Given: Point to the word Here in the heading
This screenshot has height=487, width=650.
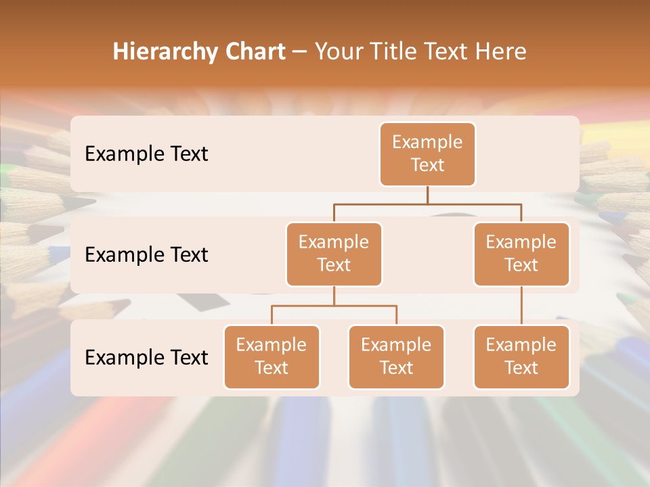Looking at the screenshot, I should [x=500, y=51].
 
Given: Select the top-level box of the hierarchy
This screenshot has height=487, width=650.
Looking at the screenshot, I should [x=427, y=154].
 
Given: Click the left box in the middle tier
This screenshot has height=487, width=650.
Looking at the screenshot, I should [x=334, y=254].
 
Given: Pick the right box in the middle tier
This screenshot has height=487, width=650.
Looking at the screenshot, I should [x=521, y=254].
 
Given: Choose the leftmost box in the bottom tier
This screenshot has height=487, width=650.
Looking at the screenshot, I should [x=272, y=357].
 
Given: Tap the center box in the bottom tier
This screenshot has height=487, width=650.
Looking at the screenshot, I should [x=396, y=357].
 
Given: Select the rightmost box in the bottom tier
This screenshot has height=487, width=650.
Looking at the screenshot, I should [x=521, y=357].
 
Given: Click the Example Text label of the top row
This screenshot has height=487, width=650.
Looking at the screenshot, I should [x=146, y=154].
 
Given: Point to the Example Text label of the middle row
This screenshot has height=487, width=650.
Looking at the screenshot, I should [x=146, y=255].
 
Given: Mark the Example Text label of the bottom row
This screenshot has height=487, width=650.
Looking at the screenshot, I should [x=146, y=357].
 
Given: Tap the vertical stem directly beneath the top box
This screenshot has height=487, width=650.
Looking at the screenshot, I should [x=427, y=195].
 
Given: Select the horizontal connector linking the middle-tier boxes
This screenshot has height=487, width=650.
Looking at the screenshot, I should [x=427, y=204].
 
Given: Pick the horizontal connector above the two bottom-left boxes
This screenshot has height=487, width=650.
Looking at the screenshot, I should [x=334, y=306].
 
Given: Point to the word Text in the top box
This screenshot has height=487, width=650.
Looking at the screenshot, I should [x=427, y=166].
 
